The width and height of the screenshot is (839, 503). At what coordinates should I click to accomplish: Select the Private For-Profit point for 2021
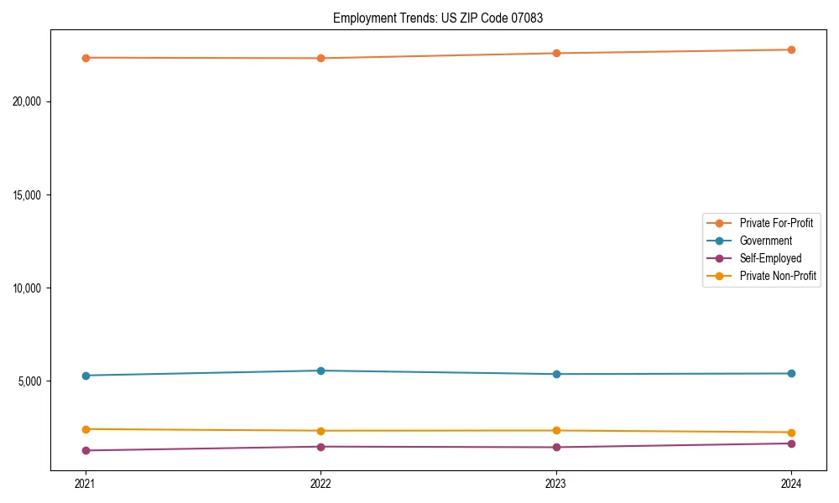[x=86, y=58]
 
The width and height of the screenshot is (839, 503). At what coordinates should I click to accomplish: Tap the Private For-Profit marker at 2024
[x=791, y=49]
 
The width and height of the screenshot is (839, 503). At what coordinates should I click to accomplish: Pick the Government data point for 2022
[x=320, y=371]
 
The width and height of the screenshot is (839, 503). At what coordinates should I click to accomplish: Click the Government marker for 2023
[x=556, y=374]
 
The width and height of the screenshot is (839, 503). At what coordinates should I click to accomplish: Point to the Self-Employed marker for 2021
[x=86, y=450]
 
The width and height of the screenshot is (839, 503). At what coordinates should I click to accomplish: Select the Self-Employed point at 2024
[x=791, y=443]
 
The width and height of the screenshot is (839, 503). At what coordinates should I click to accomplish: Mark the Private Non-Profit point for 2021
[x=86, y=429]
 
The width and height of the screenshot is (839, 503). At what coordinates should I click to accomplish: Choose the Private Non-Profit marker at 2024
[x=791, y=433]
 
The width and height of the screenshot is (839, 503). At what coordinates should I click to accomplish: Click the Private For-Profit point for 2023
[x=556, y=54]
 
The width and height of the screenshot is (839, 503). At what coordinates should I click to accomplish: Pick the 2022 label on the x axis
[x=320, y=484]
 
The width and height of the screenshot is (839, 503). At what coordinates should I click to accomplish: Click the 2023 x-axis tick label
[x=556, y=484]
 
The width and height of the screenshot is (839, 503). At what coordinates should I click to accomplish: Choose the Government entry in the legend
[x=765, y=241]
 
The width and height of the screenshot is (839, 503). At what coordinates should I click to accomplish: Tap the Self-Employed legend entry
[x=770, y=258]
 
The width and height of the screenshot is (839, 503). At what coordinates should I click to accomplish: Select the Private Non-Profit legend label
[x=778, y=276]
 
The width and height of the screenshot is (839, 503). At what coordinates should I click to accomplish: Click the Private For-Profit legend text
[x=776, y=223]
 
